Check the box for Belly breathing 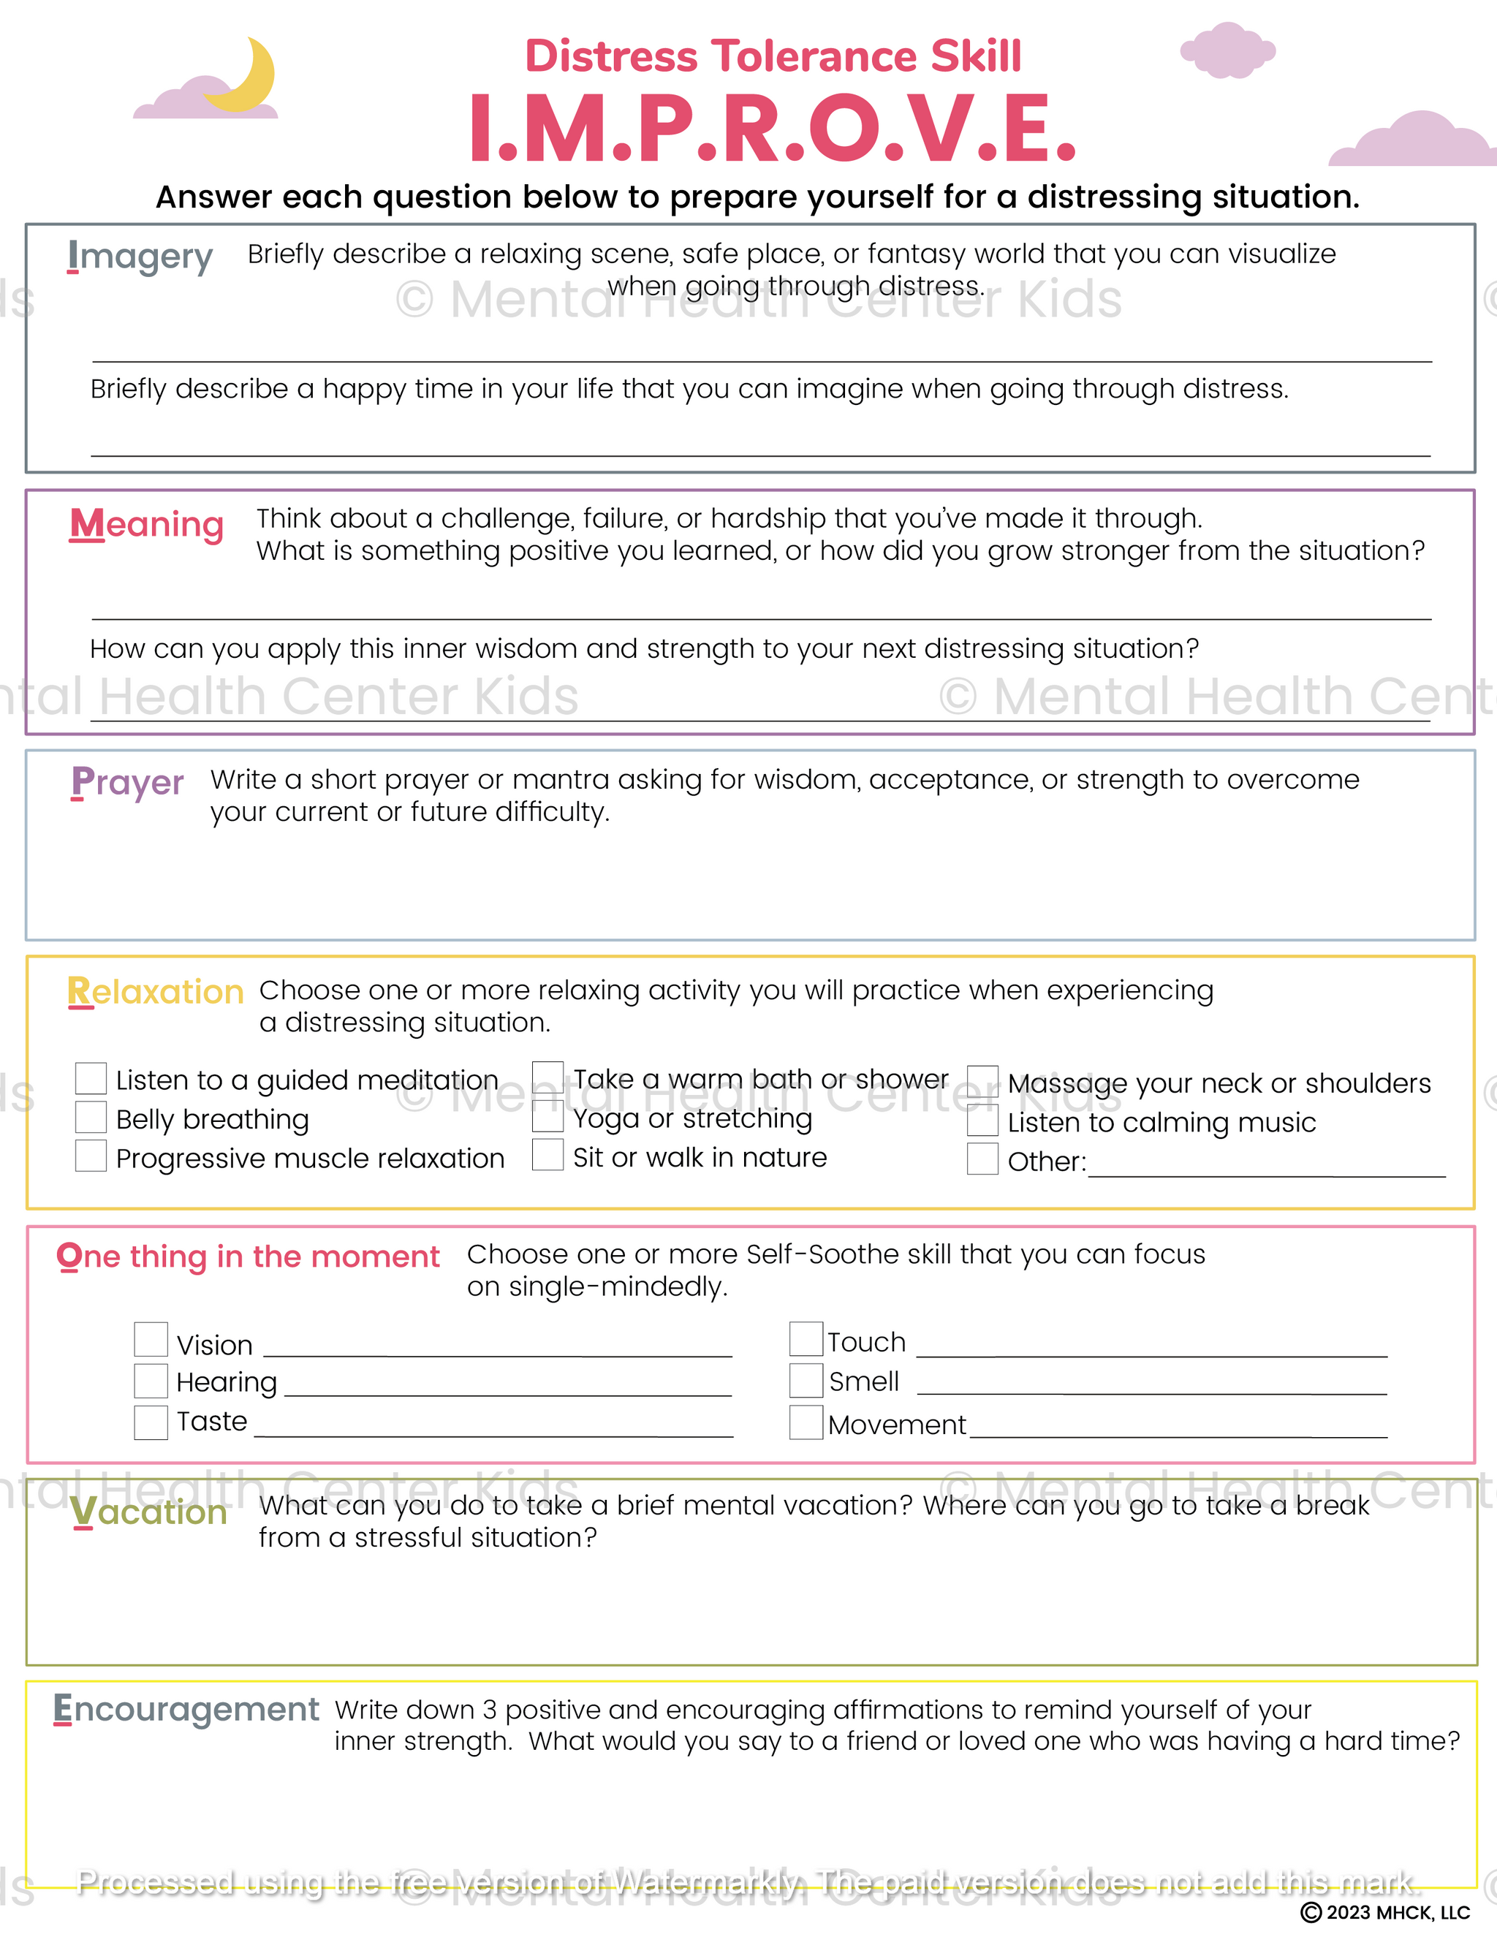(x=91, y=1118)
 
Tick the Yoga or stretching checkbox (x=547, y=1117)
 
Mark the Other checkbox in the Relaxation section (x=982, y=1159)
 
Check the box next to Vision (x=151, y=1339)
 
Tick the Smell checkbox (x=806, y=1380)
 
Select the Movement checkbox (x=806, y=1422)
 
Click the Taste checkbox (x=151, y=1422)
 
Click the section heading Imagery (x=140, y=257)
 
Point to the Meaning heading (x=146, y=524)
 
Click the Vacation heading (x=148, y=1512)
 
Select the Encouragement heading (x=186, y=1708)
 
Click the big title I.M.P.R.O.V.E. (x=772, y=130)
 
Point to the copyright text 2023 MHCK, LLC (x=1385, y=1912)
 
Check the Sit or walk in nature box (x=547, y=1155)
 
